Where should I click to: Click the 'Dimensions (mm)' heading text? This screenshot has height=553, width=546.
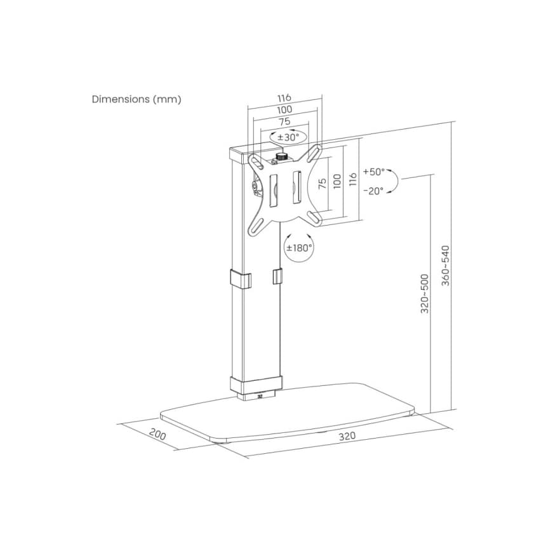coord(136,99)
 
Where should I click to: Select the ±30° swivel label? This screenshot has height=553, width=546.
coord(288,137)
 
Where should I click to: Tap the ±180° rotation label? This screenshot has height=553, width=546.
coord(299,248)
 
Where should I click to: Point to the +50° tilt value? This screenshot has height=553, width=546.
coord(374,172)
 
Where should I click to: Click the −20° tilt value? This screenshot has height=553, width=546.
coord(373,191)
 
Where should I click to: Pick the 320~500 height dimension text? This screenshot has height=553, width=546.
coord(425,294)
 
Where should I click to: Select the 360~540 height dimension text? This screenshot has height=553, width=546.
coord(446,265)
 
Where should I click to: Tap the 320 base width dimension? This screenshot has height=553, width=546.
coord(347,436)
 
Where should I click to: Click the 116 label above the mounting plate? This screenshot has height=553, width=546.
coord(284,98)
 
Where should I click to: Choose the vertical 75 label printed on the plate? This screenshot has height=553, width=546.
coord(322,184)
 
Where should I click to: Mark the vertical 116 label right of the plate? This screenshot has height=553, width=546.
coord(353,180)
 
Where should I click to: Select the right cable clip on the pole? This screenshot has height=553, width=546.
coord(277,277)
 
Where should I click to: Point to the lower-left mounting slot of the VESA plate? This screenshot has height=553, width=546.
coord(256,225)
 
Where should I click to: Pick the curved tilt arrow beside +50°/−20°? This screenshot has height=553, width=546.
coord(393,181)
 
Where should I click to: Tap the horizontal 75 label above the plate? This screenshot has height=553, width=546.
coord(284,121)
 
